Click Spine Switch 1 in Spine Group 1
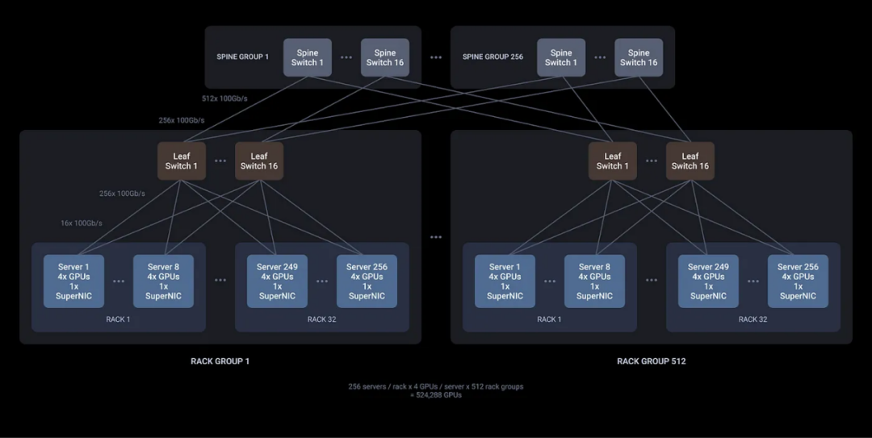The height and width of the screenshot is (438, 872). click(307, 57)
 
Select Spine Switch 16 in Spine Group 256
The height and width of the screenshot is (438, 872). click(639, 57)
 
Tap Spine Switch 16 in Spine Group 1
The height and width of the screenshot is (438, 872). click(384, 57)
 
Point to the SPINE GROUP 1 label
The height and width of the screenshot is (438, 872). click(242, 57)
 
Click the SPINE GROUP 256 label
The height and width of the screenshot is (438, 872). click(493, 57)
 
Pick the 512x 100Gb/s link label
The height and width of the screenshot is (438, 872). click(224, 99)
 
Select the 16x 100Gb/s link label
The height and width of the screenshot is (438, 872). click(82, 223)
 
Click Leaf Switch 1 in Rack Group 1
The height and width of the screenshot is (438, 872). click(181, 161)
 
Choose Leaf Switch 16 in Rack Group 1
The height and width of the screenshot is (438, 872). click(258, 161)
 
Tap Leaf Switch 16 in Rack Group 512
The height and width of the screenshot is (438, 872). click(690, 161)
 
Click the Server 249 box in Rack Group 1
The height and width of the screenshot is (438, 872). click(277, 282)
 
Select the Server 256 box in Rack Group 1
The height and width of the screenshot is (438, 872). click(367, 282)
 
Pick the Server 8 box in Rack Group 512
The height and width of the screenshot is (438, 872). click(594, 282)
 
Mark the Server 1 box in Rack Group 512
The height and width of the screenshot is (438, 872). click(505, 282)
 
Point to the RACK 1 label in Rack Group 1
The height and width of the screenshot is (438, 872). click(118, 319)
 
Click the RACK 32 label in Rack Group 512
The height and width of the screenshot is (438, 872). click(753, 319)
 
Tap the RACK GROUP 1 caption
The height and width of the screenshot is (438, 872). click(220, 361)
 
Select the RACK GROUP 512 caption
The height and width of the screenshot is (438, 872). click(651, 361)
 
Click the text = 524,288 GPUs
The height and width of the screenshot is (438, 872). click(435, 395)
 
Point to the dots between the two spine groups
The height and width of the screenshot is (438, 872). click(436, 57)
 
